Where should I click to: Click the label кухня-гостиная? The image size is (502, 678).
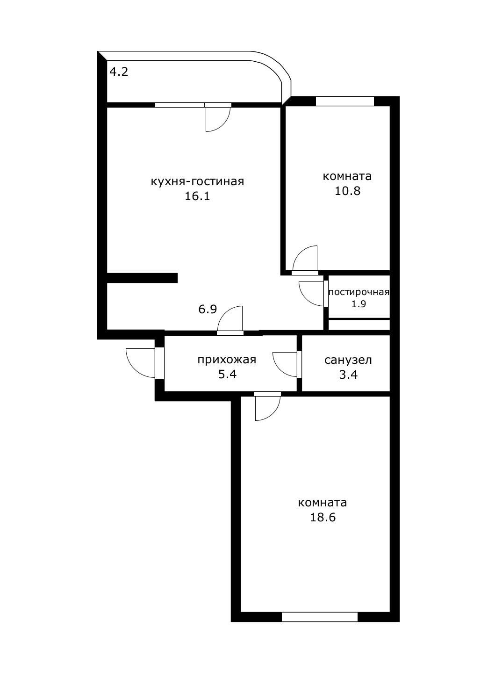click(x=197, y=181)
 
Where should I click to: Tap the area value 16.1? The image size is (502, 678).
click(x=197, y=196)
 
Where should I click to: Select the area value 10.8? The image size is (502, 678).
click(x=347, y=191)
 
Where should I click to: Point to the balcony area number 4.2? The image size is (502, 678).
click(x=119, y=72)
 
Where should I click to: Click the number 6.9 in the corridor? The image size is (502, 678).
click(x=208, y=310)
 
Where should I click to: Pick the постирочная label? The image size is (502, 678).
click(x=359, y=292)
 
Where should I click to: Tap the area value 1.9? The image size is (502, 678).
click(x=359, y=304)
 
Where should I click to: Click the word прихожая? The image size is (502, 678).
click(x=227, y=360)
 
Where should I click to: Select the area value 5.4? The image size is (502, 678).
click(x=227, y=374)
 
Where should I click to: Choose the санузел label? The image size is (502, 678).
click(x=348, y=360)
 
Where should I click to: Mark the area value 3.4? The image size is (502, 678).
click(x=348, y=374)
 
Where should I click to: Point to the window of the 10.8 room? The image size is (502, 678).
click(x=344, y=101)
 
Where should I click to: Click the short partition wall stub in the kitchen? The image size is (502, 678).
click(x=142, y=278)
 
